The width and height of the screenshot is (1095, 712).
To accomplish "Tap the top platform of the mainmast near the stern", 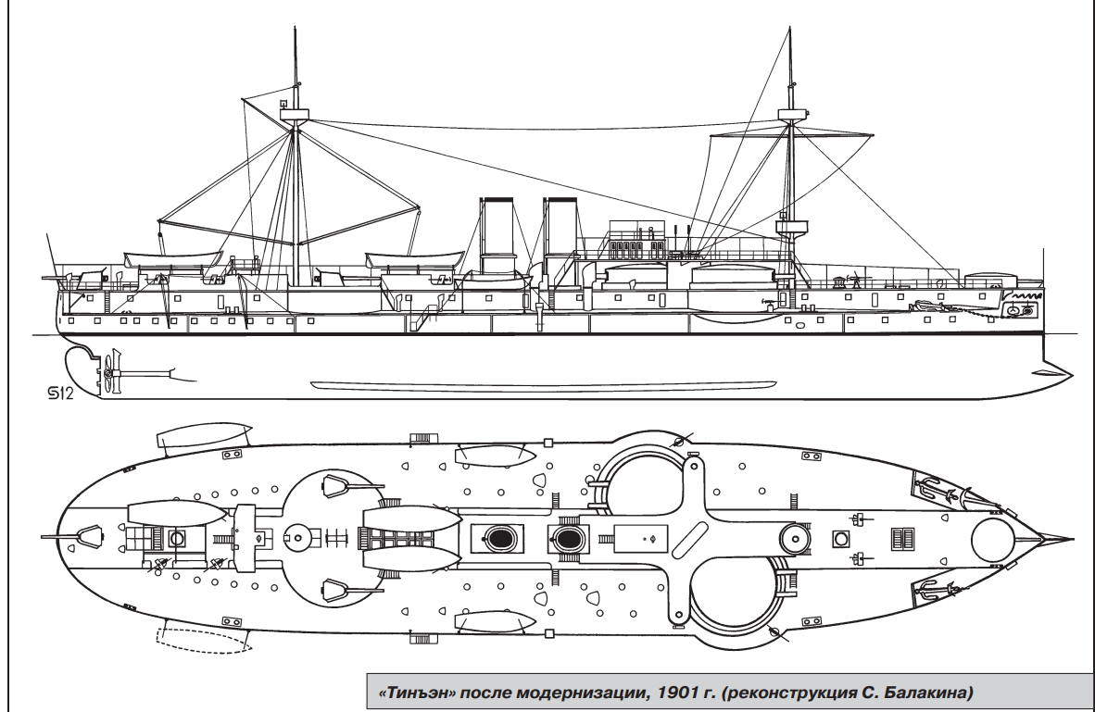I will click(295, 114).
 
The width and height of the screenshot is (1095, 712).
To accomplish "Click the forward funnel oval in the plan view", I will click(566, 537).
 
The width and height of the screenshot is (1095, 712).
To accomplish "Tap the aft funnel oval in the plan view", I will click(497, 537).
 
